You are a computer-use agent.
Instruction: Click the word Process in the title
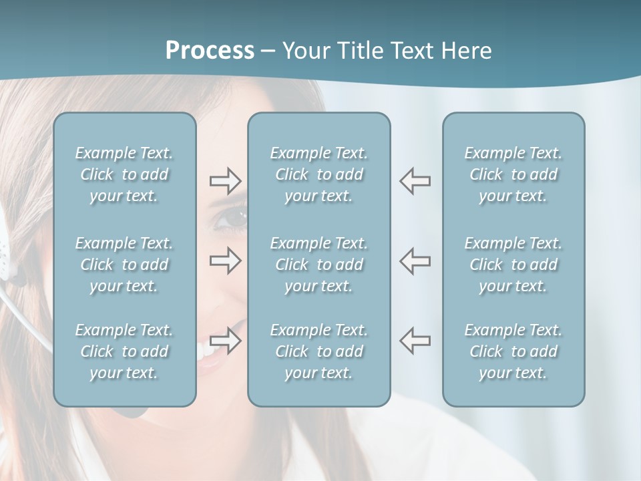(210, 51)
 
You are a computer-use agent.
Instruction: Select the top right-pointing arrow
(225, 181)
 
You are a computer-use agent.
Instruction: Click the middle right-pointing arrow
(225, 261)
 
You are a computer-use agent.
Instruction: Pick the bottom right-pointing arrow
(225, 340)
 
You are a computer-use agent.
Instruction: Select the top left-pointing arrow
(415, 181)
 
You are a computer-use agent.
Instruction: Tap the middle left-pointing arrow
(415, 261)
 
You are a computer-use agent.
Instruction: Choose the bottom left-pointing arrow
(415, 340)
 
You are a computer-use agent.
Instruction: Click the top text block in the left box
(124, 174)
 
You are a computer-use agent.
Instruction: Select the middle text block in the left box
(124, 265)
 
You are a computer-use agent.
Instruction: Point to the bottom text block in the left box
(124, 351)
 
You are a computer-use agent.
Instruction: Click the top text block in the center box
(318, 174)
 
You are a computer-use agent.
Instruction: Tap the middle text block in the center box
(318, 265)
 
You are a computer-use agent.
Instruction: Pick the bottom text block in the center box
(318, 351)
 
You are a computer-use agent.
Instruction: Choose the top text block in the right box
(513, 174)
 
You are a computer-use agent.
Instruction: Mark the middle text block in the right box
(513, 265)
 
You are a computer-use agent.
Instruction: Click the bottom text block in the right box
(513, 351)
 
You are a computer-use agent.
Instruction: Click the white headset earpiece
(5, 251)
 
